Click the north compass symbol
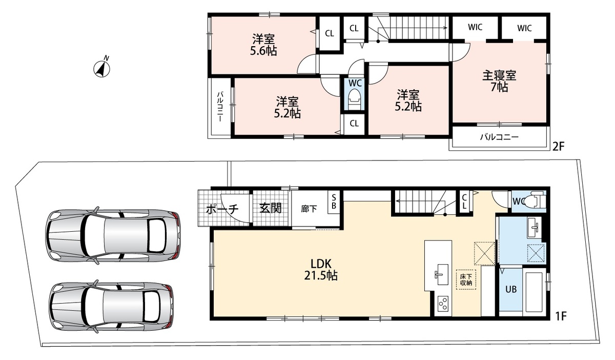[102, 68]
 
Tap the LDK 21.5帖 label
[321, 270]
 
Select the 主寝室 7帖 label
[499, 81]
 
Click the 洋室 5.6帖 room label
[263, 45]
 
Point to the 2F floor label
[558, 147]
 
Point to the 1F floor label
[561, 316]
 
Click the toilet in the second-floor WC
[354, 99]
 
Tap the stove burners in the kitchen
[443, 303]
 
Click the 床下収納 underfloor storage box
[466, 279]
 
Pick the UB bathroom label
[511, 289]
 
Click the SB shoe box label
[334, 202]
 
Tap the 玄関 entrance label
[271, 208]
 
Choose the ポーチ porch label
[222, 210]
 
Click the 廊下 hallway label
[309, 209]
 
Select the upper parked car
[113, 235]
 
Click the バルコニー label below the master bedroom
[499, 137]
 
